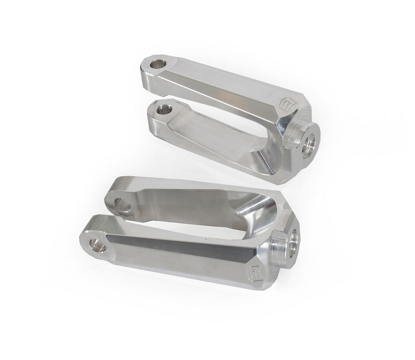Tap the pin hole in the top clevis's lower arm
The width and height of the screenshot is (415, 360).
tap(161, 110)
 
